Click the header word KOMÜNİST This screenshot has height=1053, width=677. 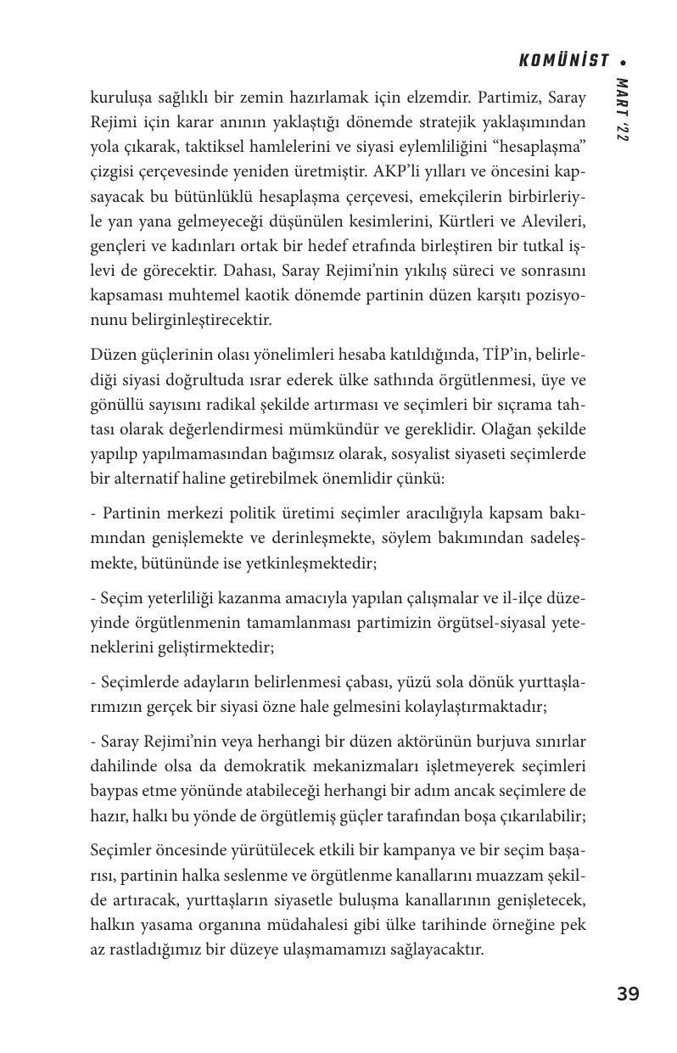pos(563,61)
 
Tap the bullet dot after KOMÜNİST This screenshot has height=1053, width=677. pos(624,62)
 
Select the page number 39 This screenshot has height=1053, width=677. pos(628,994)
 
